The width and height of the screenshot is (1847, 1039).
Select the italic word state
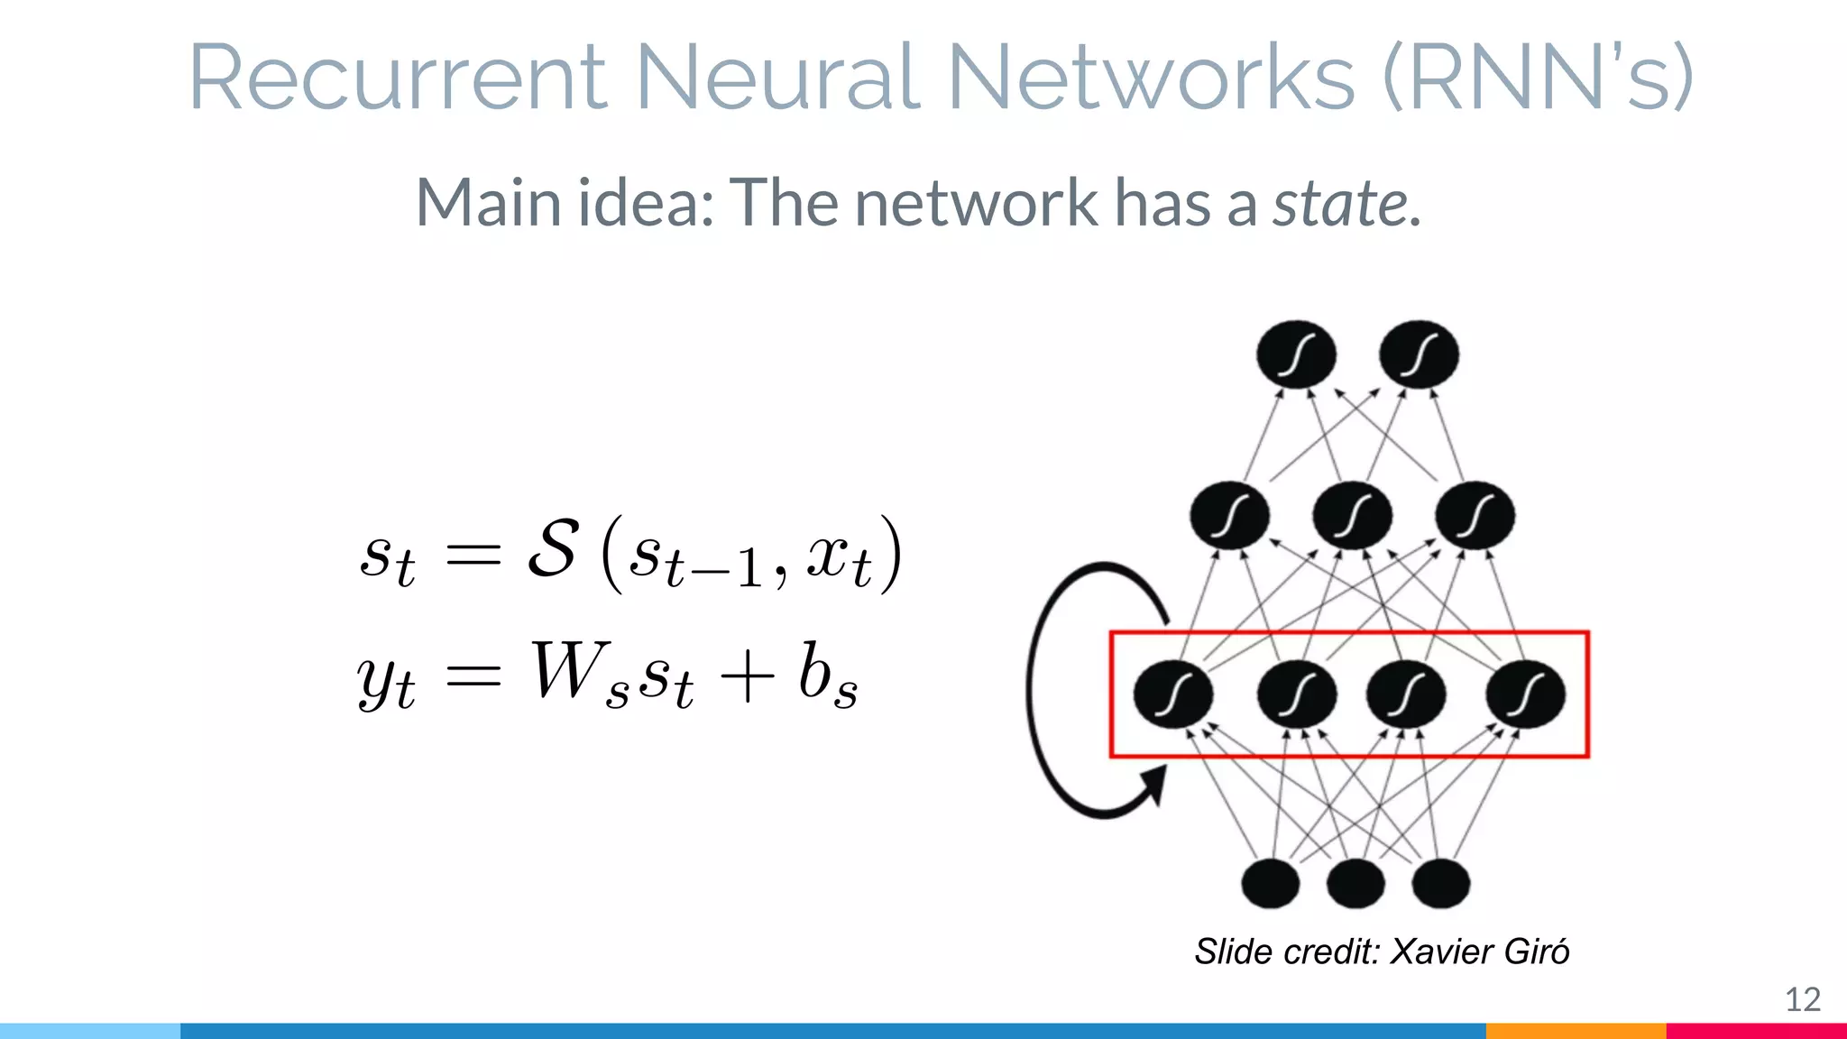tap(1340, 203)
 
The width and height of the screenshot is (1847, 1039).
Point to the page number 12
tap(1803, 999)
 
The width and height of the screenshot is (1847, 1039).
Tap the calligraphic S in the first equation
tap(552, 548)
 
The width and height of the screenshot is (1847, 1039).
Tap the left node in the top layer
tap(1296, 354)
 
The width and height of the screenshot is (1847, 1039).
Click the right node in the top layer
tap(1419, 354)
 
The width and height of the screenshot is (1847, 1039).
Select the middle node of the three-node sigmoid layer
tap(1352, 516)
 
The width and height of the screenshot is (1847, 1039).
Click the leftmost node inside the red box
tap(1172, 694)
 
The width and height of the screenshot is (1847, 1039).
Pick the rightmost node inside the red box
tap(1525, 694)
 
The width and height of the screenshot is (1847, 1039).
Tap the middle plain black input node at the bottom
tap(1355, 883)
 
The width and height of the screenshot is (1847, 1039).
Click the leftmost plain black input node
tap(1271, 883)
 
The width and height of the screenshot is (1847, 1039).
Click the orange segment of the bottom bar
tap(1575, 1031)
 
